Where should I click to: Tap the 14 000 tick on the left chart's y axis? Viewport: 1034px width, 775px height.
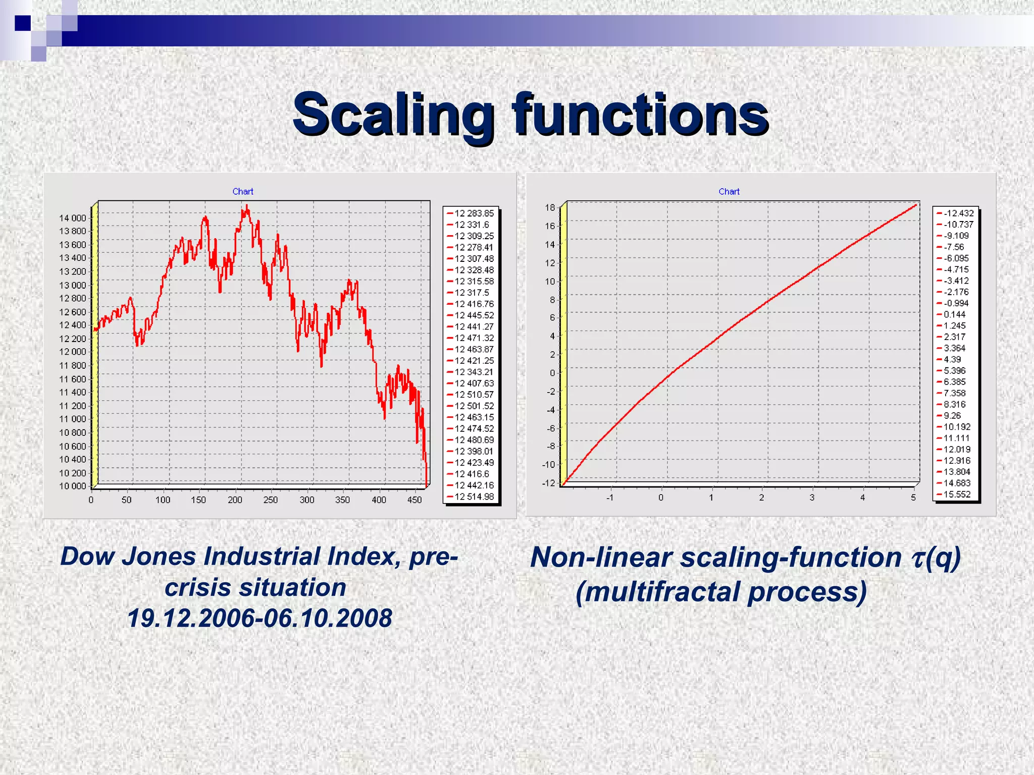point(73,218)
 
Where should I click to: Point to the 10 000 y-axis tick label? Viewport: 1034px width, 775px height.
point(73,486)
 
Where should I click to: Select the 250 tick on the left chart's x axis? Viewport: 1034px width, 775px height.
point(270,500)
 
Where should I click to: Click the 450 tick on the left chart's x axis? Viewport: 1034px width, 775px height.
point(414,500)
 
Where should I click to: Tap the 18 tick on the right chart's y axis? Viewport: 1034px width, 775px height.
point(550,207)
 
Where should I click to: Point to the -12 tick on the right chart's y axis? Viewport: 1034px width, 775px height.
point(548,483)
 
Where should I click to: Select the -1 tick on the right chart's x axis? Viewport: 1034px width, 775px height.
point(610,497)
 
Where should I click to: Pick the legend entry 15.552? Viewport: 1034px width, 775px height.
point(957,494)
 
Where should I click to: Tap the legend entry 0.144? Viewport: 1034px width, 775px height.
point(954,314)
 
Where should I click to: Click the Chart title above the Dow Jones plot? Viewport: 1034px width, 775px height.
point(243,192)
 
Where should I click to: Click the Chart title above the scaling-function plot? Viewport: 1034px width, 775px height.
point(729,192)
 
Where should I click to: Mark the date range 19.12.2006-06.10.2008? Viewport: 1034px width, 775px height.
point(260,618)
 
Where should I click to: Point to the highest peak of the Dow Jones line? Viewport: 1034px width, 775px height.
point(247,205)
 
